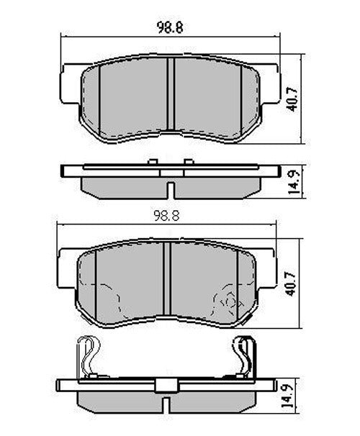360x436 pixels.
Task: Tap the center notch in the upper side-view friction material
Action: (x=170, y=190)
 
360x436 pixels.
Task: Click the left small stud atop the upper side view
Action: (x=153, y=162)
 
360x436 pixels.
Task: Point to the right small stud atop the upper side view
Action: (x=189, y=162)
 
